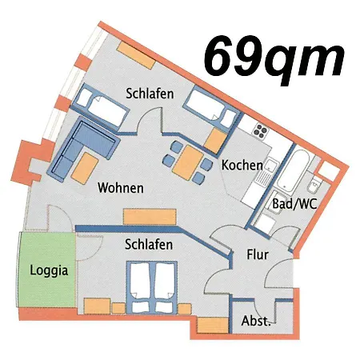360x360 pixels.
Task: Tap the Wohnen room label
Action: (120, 189)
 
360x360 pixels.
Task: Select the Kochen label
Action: (242, 165)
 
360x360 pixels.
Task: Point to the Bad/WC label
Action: (294, 204)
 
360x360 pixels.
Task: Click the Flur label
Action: (257, 256)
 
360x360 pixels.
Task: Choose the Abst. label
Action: (255, 322)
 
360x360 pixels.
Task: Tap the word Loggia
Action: (48, 270)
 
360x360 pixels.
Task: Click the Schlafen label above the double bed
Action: (150, 245)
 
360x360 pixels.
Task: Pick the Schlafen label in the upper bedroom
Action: (150, 93)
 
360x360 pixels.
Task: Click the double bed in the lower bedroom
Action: (150, 285)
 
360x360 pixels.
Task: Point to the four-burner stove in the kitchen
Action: (261, 128)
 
